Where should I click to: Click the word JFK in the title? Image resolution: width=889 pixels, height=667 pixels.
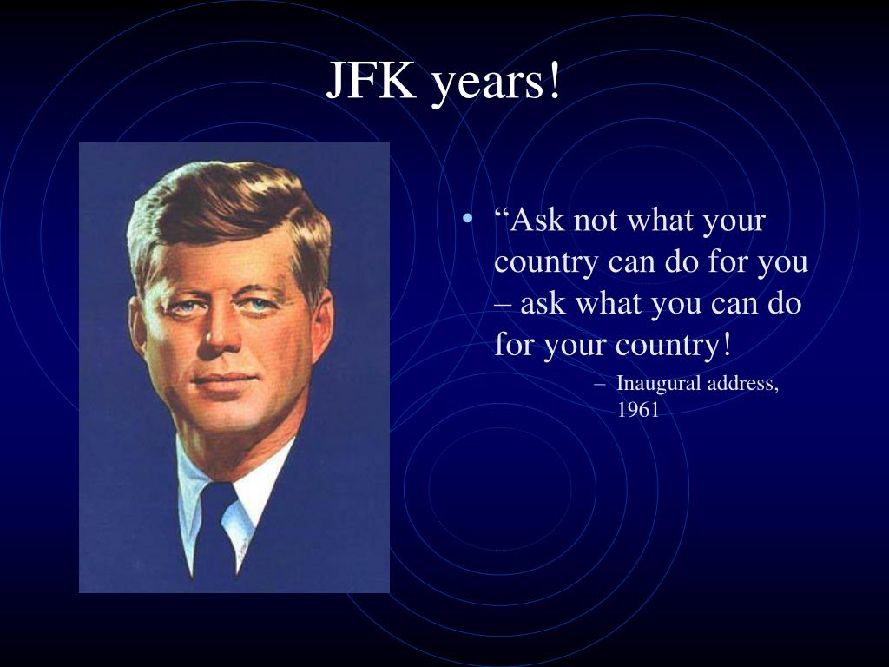[x=371, y=83]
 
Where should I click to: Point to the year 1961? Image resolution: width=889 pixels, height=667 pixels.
[x=638, y=410]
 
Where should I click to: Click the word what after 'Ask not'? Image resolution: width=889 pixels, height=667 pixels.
[x=662, y=221]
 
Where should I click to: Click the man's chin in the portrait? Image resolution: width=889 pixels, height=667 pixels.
[x=227, y=417]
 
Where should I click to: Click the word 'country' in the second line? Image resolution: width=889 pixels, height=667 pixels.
[x=546, y=262]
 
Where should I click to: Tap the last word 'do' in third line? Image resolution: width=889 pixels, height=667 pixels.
[x=784, y=304]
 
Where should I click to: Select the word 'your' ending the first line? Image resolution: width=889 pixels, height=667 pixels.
[x=734, y=222]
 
